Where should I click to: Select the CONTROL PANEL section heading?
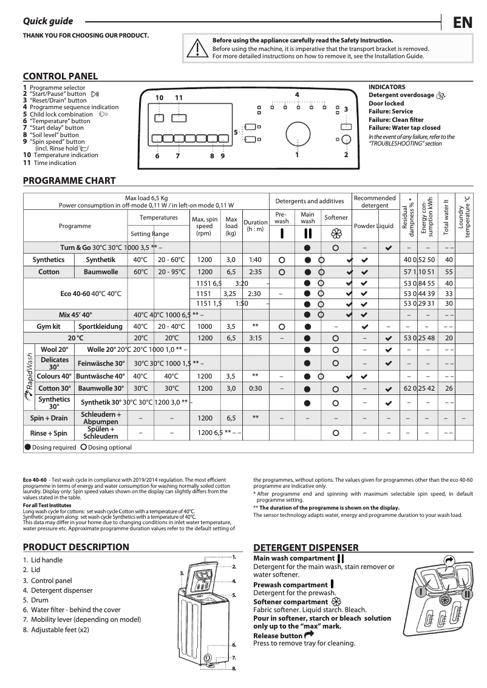click(60, 76)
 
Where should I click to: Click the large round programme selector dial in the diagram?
click(297, 134)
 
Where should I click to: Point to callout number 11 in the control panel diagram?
click(179, 98)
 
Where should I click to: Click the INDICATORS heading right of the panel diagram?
click(387, 87)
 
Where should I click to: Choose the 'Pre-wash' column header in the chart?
click(282, 218)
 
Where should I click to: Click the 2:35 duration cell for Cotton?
click(255, 272)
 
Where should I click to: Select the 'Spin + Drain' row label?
click(49, 418)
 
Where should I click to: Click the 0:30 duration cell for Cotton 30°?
click(255, 388)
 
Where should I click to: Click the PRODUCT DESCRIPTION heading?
click(75, 547)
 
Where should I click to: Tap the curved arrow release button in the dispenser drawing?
click(449, 561)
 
